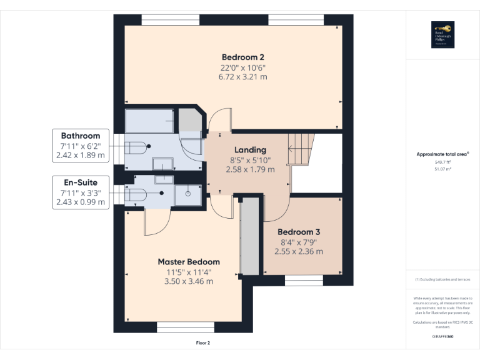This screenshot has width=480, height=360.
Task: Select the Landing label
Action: click(250, 150)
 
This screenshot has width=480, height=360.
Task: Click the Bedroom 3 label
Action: click(299, 231)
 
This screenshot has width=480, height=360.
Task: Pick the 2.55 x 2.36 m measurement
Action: click(299, 251)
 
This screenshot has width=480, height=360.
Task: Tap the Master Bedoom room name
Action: click(189, 262)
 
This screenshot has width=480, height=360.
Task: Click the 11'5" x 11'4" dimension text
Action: click(189, 272)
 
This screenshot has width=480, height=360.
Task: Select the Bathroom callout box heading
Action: click(80, 136)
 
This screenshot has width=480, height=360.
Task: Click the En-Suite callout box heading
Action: click(80, 182)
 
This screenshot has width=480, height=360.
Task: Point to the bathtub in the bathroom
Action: click(149, 121)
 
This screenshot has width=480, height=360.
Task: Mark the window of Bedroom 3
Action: click(304, 278)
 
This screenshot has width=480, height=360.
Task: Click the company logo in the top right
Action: click(442, 35)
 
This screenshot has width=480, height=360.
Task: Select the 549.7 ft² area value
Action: click(442, 162)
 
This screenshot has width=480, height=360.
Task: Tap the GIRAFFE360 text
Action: click(442, 336)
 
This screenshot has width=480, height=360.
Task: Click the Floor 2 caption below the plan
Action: click(203, 343)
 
